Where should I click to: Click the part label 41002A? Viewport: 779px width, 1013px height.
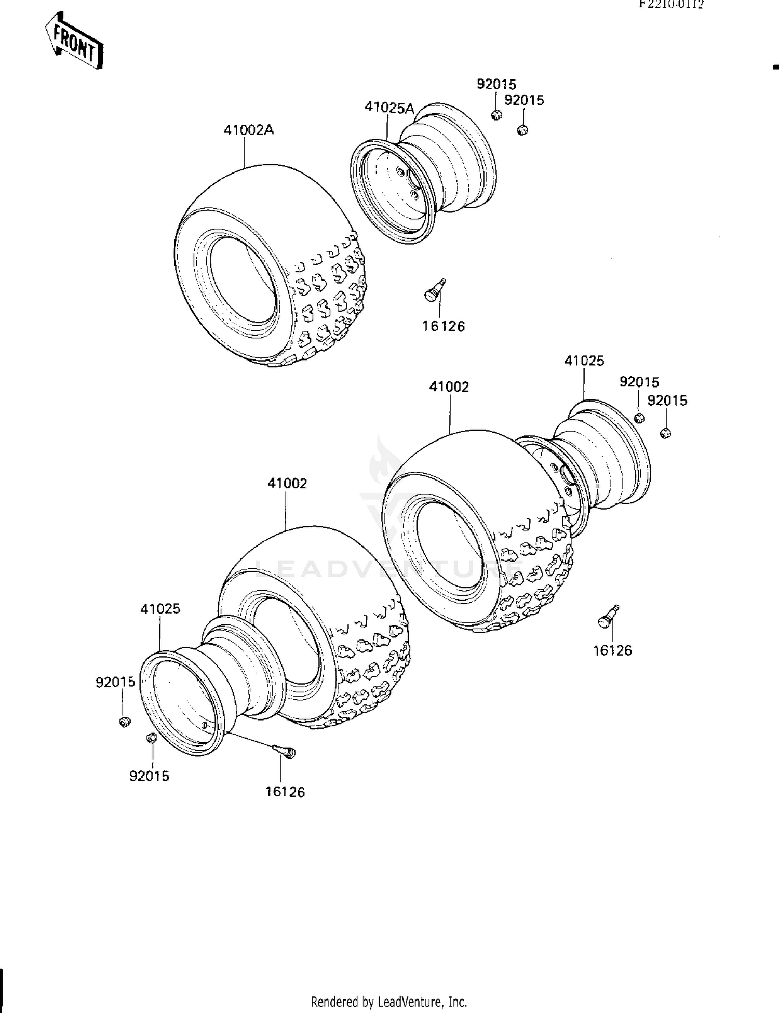point(248,130)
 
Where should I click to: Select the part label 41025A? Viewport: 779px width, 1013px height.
point(389,108)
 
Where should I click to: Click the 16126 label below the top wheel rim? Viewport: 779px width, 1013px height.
point(443,326)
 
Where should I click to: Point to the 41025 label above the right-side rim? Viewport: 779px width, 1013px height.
point(584,361)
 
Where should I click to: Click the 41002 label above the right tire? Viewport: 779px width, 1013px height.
point(449,387)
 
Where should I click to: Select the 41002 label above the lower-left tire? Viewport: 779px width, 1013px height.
point(287,483)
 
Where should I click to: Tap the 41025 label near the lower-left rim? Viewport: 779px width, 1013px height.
point(160,609)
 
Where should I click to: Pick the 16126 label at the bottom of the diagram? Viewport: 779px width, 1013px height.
point(285,792)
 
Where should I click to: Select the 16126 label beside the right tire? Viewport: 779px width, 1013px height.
point(612,650)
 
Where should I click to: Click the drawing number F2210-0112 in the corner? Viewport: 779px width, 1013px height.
point(671,5)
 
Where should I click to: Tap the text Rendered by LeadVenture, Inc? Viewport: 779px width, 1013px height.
point(388,1002)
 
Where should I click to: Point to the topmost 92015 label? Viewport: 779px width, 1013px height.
point(496,84)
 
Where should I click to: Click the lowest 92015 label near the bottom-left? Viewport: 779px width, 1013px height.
point(149,776)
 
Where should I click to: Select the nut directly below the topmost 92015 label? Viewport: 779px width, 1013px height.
point(496,115)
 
